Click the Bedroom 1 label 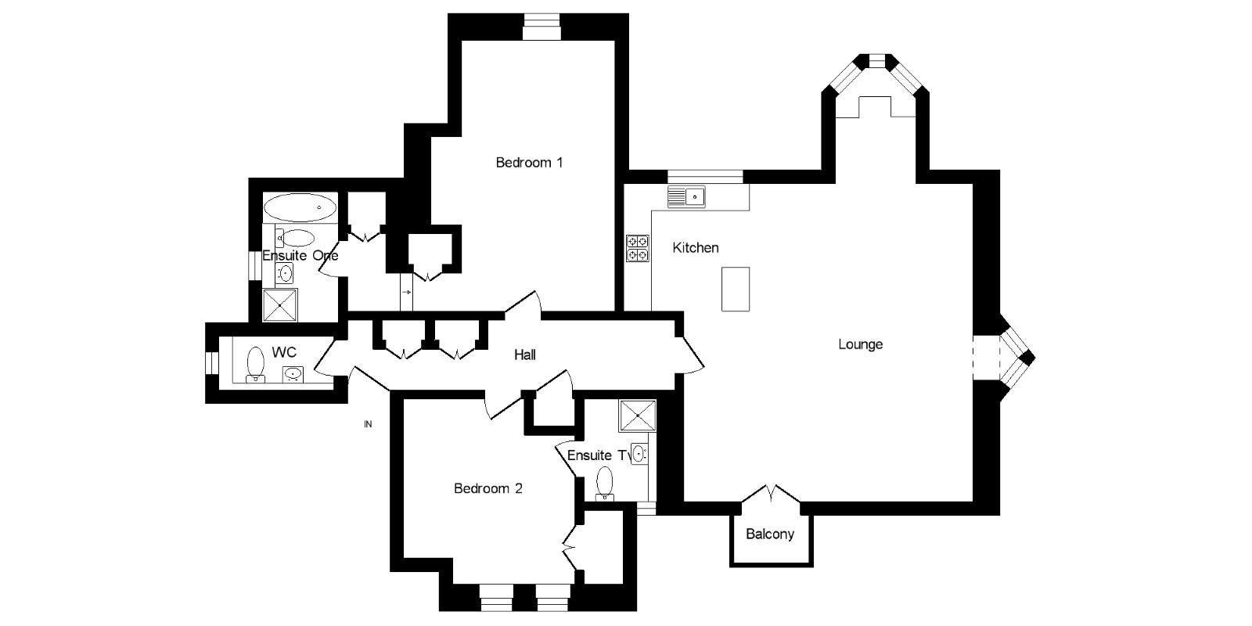(530, 163)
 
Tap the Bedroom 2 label (488, 488)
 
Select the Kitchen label (696, 247)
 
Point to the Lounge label (860, 344)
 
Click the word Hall (525, 355)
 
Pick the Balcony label (770, 534)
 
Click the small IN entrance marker (368, 425)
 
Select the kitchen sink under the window (686, 196)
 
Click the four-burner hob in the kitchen (637, 248)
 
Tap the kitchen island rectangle (736, 289)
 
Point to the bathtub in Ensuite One (300, 208)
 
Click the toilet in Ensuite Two (605, 482)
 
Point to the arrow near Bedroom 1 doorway (406, 292)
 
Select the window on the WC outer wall (211, 364)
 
